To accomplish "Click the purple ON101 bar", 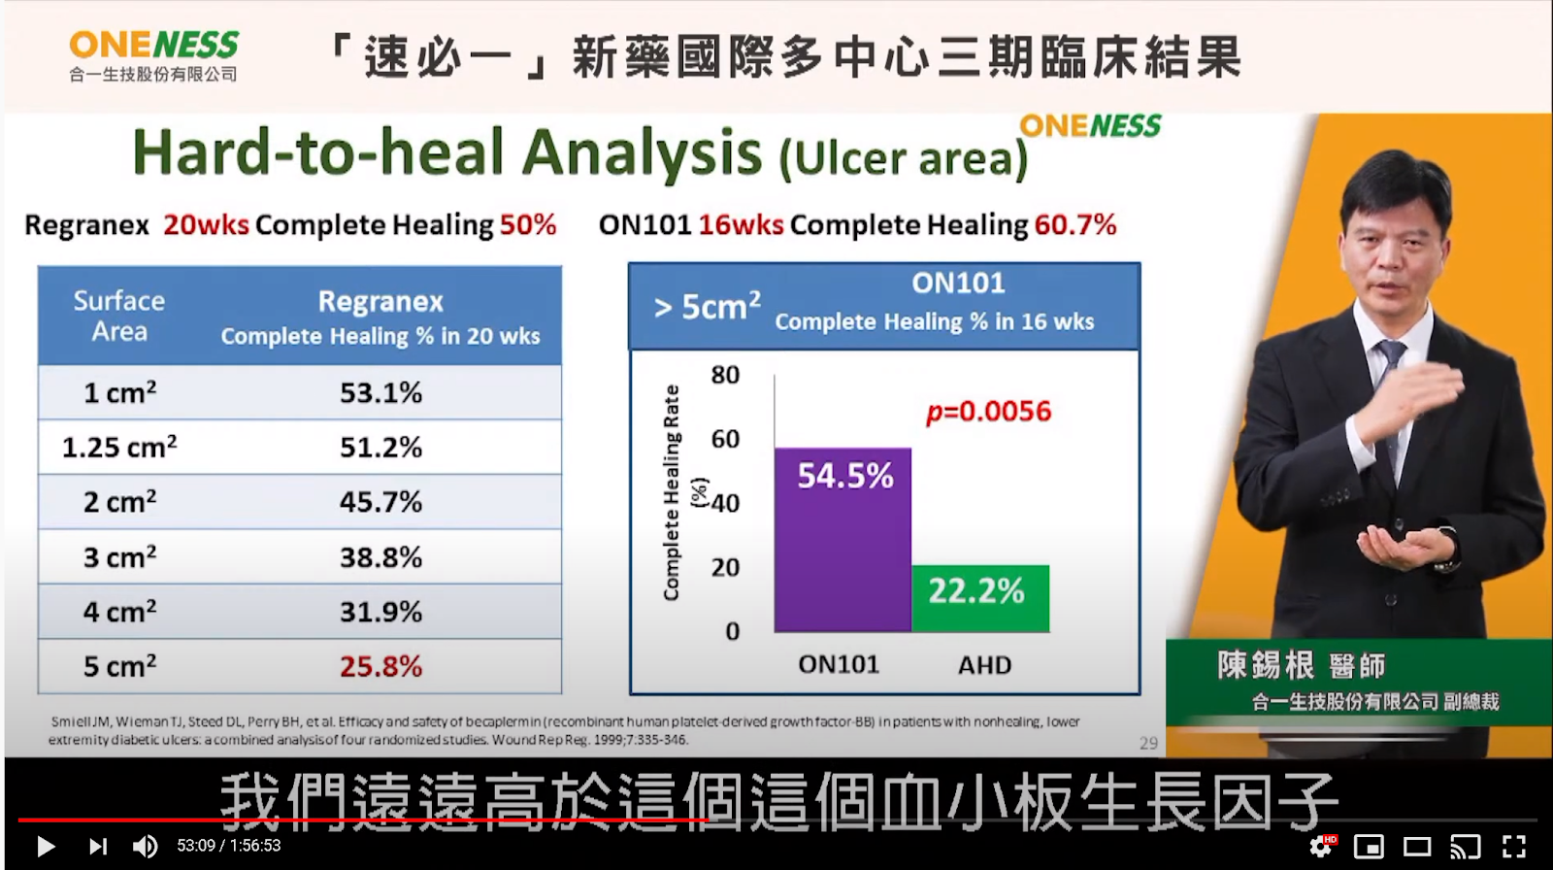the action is [x=843, y=540].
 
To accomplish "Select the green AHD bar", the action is [x=980, y=599].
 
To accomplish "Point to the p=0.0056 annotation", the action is [x=989, y=412].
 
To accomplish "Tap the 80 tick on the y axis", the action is [x=725, y=375].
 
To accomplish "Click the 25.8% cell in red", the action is [x=380, y=667].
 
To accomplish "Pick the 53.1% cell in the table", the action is [x=380, y=393].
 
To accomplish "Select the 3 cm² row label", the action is [x=120, y=556].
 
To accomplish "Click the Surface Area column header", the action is [x=119, y=316].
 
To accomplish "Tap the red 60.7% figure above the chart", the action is [x=1075, y=225].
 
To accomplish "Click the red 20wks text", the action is [x=206, y=225].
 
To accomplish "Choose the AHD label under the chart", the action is [x=984, y=665].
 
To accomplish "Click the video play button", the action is [x=46, y=846].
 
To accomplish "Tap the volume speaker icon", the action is [x=145, y=846].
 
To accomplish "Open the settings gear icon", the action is [x=1320, y=847].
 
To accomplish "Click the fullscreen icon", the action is [x=1514, y=847].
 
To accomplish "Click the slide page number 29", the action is [x=1149, y=743].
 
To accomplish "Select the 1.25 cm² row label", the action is [x=119, y=447].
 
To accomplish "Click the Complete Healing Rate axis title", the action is [x=671, y=492].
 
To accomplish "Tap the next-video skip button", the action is [x=98, y=846].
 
